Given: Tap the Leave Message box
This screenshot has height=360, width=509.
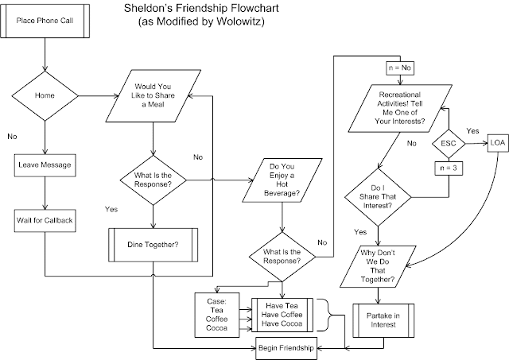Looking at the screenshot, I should pyautogui.click(x=45, y=166).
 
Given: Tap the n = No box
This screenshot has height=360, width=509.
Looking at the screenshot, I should pyautogui.click(x=399, y=68).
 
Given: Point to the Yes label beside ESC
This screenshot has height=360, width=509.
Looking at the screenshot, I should pyautogui.click(x=471, y=130).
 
